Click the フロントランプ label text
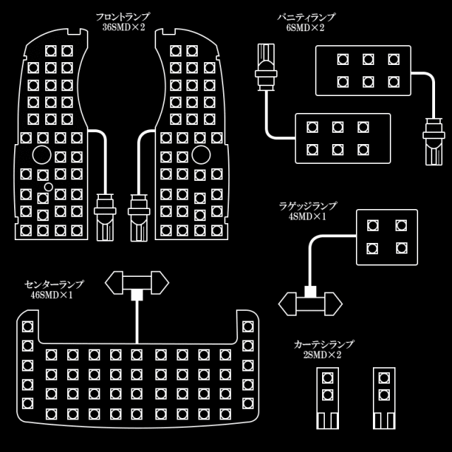pos(126,16)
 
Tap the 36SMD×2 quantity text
pos(126,28)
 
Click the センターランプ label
pos(54,284)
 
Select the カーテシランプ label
pos(323,344)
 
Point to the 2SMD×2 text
pos(323,355)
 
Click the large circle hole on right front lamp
pos(200,155)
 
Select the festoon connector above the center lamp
pos(136,284)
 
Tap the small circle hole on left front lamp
pos(47,186)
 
